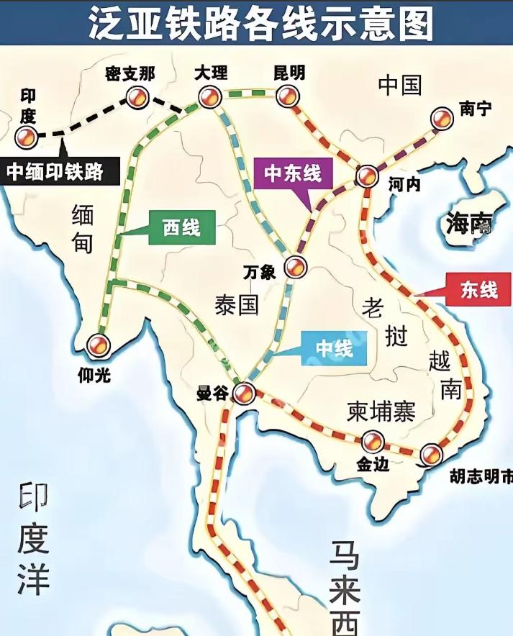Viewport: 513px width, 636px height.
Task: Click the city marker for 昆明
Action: pos(286,97)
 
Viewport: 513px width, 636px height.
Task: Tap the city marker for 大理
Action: pos(209,98)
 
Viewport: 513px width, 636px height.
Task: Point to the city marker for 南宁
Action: pos(441,118)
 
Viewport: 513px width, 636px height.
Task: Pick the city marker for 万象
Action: pos(294,267)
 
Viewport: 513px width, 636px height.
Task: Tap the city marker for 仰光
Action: pos(97,345)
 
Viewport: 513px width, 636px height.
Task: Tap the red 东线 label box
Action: pos(478,290)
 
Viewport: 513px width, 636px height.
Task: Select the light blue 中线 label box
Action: pos(335,350)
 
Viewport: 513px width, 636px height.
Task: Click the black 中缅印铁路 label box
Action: pos(55,171)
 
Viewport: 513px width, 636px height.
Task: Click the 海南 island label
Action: pos(468,224)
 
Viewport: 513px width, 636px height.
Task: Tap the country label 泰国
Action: pos(236,305)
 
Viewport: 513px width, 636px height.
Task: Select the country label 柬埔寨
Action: pos(381,411)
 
